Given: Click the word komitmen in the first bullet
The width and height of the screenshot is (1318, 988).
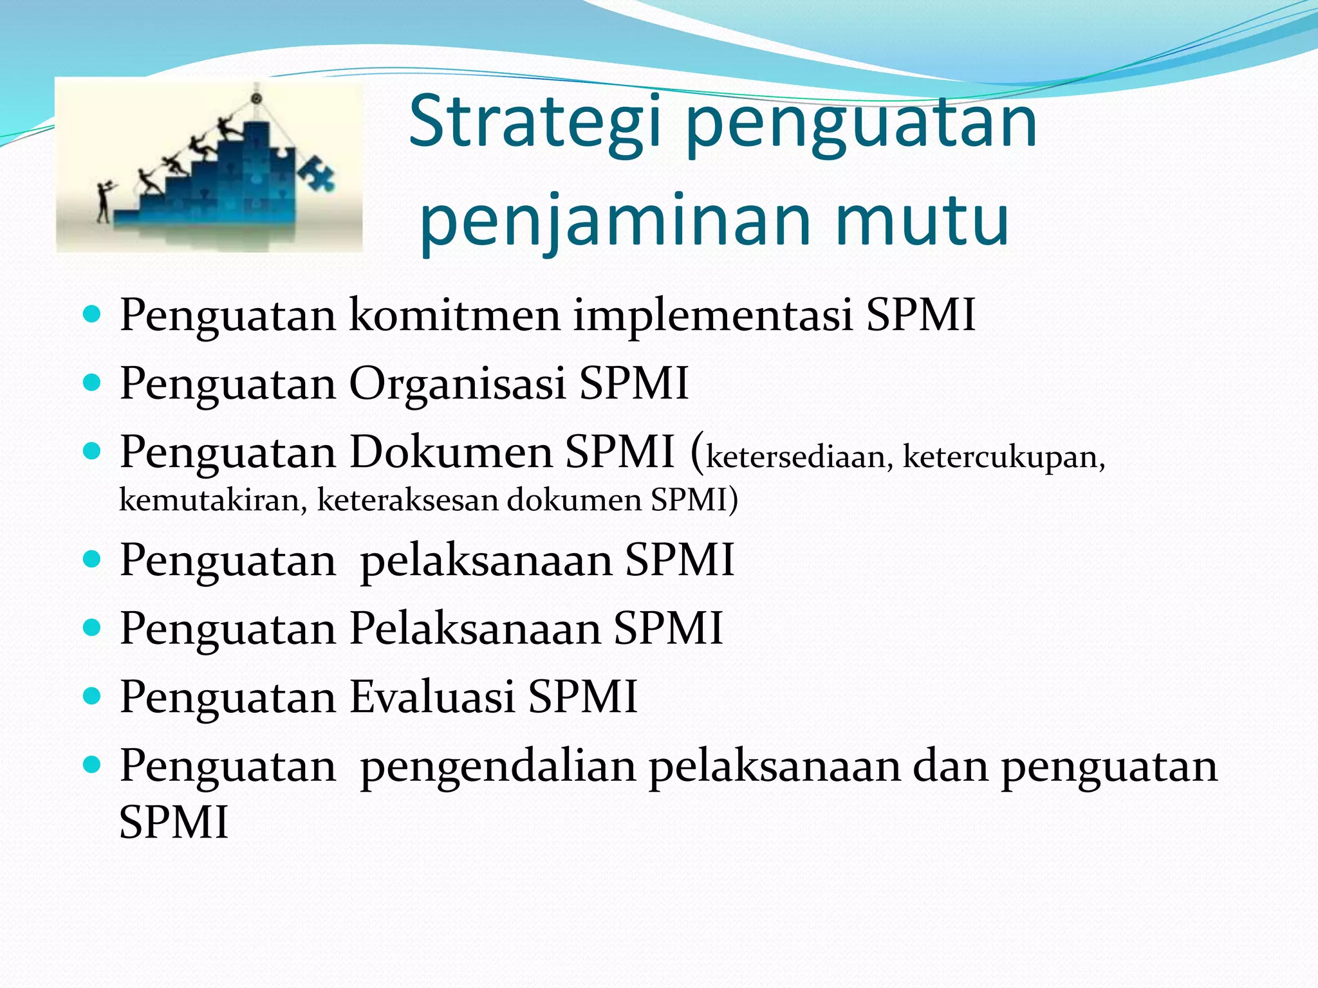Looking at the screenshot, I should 455,315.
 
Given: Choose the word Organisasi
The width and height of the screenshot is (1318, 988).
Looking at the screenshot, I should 458,384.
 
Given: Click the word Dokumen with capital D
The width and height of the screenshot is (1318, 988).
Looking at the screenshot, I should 451,452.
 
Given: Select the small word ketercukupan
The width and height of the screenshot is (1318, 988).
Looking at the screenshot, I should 1003,457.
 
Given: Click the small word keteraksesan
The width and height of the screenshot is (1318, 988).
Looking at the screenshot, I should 407,500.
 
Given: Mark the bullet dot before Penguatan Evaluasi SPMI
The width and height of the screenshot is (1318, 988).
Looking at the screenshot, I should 93,696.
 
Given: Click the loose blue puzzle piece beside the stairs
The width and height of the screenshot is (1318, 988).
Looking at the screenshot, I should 317,172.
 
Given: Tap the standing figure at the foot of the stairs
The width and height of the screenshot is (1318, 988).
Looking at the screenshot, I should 103,201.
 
